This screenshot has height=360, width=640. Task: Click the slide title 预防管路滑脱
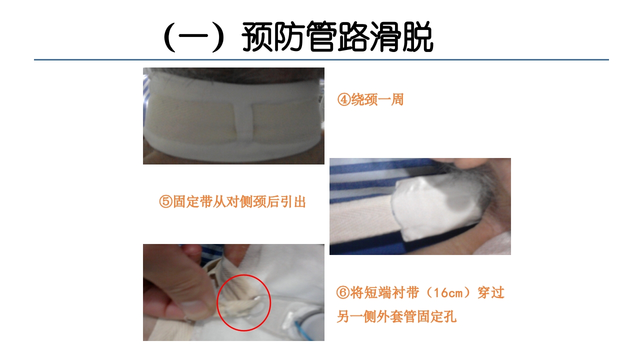coord(337,36)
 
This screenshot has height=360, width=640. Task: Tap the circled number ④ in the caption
coord(344,100)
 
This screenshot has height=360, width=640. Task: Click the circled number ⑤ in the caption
coord(165,202)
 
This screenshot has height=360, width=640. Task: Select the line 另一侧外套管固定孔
coord(396,316)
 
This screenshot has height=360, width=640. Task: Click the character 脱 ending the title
coord(417,36)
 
